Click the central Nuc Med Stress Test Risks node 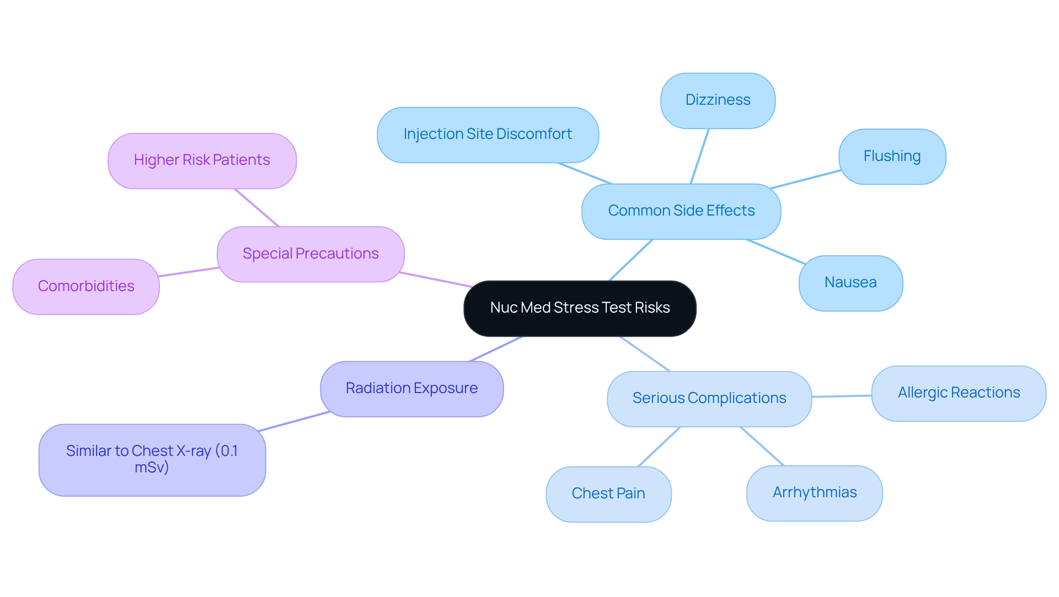[580, 308]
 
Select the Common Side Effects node [681, 211]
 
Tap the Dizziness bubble [718, 100]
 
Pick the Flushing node [892, 157]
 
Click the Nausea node [850, 283]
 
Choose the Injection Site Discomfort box [488, 135]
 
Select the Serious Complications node [709, 399]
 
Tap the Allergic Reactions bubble [959, 393]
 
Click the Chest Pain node [608, 494]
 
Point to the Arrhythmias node [814, 493]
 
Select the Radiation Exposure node [411, 389]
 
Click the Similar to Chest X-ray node [152, 459]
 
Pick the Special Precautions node [311, 254]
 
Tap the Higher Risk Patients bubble [202, 160]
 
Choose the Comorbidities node [86, 287]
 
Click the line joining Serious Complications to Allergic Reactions [842, 396]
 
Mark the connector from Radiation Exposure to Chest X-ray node [294, 421]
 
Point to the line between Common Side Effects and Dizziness [699, 157]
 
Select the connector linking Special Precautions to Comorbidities [189, 272]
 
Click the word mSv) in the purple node [152, 467]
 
